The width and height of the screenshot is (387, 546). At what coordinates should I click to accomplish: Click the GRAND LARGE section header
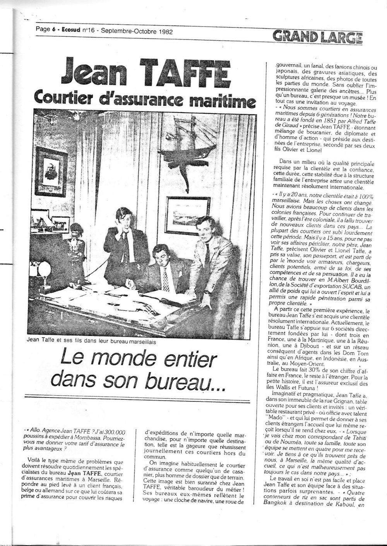(317, 37)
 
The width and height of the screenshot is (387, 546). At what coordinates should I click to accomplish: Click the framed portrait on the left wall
(51, 167)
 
